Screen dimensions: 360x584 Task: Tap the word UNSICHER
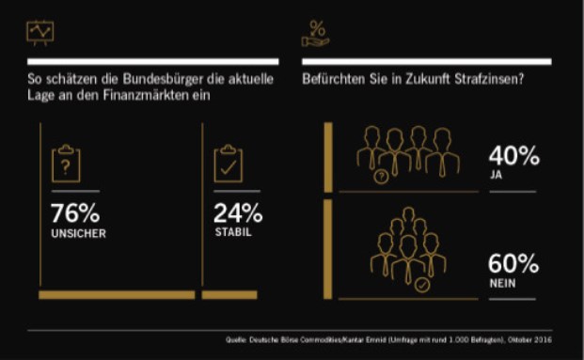[x=77, y=234]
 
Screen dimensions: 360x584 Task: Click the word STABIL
[x=232, y=233]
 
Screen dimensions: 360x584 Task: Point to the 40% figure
[x=513, y=156]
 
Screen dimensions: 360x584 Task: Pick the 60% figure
[x=513, y=264]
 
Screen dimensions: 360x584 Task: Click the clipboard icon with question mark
[x=66, y=164]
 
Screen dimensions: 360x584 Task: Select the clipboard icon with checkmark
[x=229, y=164]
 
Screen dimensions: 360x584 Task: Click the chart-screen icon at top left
[x=40, y=31]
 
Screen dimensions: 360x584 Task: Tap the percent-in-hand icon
[x=315, y=34]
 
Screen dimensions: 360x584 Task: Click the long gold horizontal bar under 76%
[x=117, y=295]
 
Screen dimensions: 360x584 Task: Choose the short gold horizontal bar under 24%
[x=229, y=295]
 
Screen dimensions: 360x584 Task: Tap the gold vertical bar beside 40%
[x=328, y=157]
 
